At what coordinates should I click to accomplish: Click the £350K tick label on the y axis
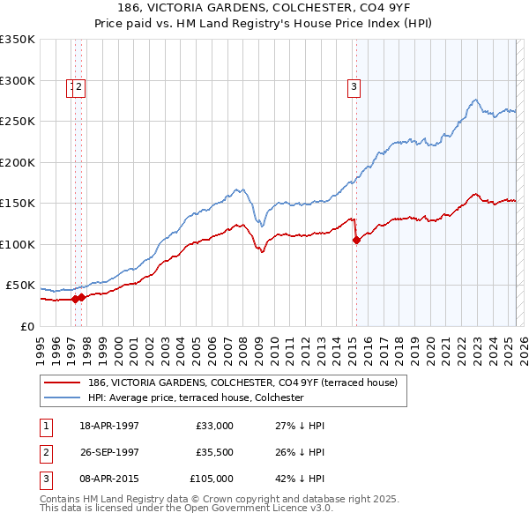pos(18,40)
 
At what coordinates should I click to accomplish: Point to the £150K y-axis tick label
pos(18,204)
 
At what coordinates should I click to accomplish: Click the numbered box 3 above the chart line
pos(353,86)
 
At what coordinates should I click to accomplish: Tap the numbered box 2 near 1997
pos(78,86)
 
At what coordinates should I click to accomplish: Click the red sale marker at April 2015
pos(356,240)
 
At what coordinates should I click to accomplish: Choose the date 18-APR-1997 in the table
pos(109,426)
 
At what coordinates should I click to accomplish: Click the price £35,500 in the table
pos(214,452)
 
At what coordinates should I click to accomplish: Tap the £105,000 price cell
pos(212,479)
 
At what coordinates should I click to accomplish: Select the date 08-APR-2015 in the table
pos(109,479)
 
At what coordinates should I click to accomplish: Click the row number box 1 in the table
pos(45,426)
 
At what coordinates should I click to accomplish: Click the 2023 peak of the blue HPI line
pos(474,100)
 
